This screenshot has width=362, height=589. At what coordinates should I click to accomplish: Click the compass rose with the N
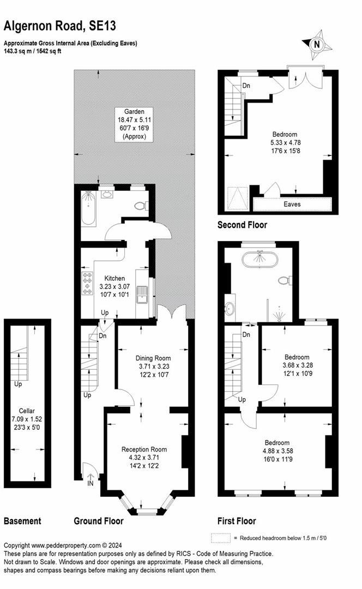316,45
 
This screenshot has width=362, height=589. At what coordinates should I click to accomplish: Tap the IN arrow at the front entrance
89,480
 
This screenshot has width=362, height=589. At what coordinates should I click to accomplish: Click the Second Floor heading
242,225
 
